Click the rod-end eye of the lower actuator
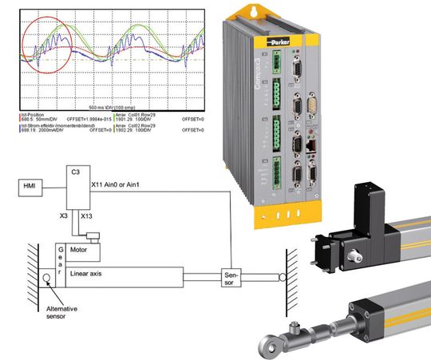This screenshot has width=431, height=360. (x=266, y=343)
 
